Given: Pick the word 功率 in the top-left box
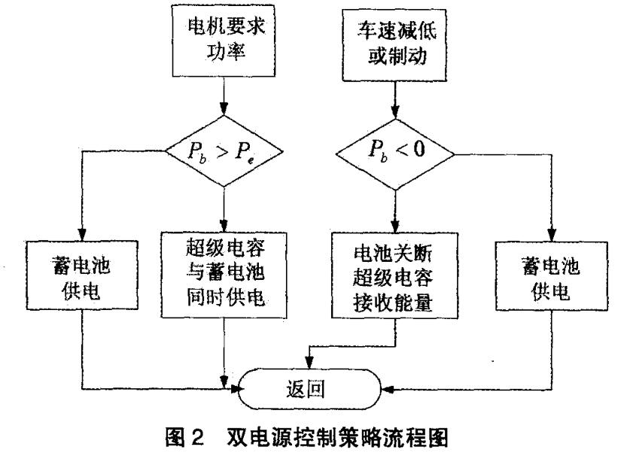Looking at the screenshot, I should tap(224, 59).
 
